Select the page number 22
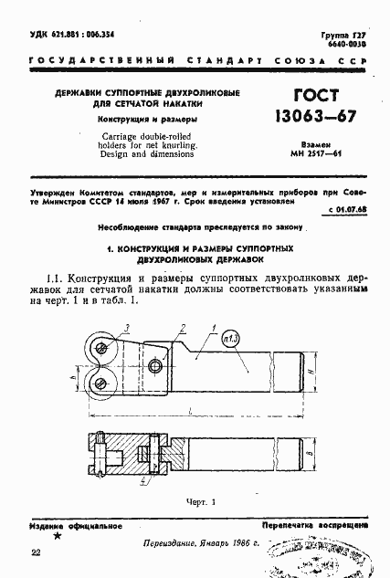point(35,553)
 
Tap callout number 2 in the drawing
point(183,327)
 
